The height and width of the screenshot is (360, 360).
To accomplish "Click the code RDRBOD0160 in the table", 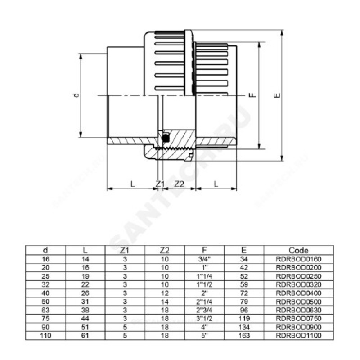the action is click(298, 259).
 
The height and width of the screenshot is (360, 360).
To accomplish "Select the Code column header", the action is click(298, 250).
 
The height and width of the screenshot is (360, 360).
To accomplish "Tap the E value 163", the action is click(244, 335).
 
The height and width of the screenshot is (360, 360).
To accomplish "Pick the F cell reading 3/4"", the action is click(204, 259).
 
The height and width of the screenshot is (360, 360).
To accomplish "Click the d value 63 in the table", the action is click(45, 310).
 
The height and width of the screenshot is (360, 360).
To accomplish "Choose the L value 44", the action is click(85, 319).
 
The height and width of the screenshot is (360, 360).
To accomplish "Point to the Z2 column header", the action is click(164, 250).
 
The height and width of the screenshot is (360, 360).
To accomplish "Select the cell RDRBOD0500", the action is click(298, 301).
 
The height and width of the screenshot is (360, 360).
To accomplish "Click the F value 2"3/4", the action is click(204, 310).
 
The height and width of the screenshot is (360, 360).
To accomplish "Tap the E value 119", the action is click(244, 319).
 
